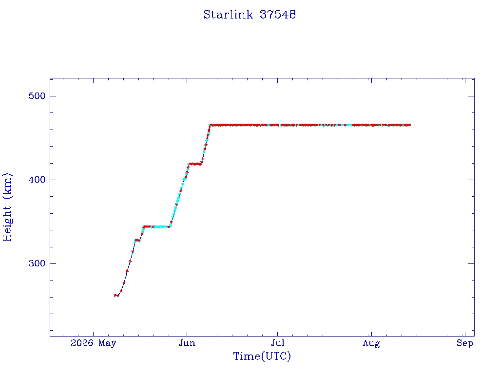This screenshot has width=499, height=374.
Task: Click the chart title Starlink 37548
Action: tap(249, 15)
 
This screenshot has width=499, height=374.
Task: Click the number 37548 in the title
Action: tap(278, 15)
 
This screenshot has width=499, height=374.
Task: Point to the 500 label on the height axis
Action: tap(37, 96)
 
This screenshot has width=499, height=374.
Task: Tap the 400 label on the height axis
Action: tap(37, 180)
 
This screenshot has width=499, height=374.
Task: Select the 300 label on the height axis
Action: tap(37, 263)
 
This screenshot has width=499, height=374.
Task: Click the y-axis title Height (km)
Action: tap(7, 207)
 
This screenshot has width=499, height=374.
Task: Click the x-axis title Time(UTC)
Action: tap(262, 356)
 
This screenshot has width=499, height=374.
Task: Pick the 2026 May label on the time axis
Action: tap(93, 343)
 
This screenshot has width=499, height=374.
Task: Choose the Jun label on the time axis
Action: tap(187, 343)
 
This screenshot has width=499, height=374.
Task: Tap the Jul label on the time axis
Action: tap(277, 343)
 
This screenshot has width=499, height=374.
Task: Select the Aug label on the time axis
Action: tap(371, 343)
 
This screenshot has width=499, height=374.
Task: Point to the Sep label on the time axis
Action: tap(465, 343)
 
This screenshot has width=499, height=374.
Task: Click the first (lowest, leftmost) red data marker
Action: tap(115, 295)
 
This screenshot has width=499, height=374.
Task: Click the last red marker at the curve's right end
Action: tap(409, 125)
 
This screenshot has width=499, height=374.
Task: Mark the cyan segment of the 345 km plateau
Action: tap(159, 227)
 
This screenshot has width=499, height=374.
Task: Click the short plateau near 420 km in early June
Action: tap(195, 164)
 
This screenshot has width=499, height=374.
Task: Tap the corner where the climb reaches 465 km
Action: tap(210, 125)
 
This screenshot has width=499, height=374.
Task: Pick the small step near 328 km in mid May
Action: tap(137, 240)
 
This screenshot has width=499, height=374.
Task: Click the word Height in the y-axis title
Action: tap(7, 223)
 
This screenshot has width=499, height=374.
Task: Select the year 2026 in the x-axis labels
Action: tap(82, 343)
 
